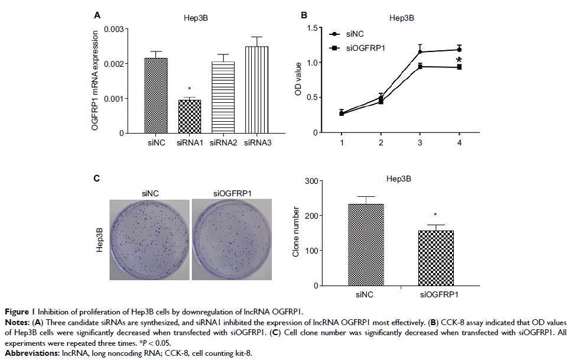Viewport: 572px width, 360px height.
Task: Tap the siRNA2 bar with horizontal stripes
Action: [223, 98]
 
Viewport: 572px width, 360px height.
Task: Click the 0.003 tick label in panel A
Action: [113, 29]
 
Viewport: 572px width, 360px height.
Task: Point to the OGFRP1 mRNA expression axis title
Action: [95, 81]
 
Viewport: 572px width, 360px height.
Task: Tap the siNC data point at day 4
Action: [459, 50]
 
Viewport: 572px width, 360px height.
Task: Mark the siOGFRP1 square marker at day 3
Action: [420, 67]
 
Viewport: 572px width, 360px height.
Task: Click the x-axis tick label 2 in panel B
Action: [381, 143]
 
